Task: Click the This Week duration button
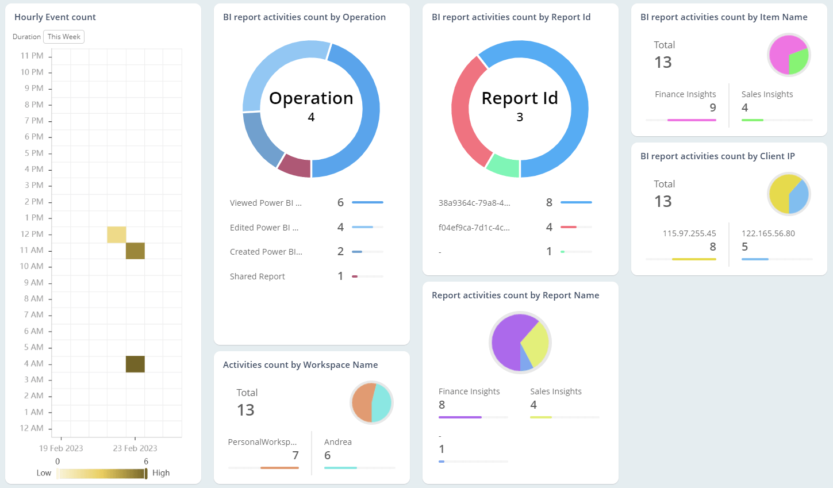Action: click(x=64, y=37)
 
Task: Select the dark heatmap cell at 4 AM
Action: click(x=135, y=364)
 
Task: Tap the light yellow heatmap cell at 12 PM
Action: click(x=117, y=235)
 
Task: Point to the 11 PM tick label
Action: click(x=32, y=56)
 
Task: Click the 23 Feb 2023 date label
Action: click(x=135, y=448)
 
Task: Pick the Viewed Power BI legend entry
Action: click(x=266, y=203)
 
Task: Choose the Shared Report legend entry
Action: click(x=258, y=276)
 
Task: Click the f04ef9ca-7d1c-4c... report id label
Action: click(x=474, y=228)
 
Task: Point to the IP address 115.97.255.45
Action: click(x=689, y=233)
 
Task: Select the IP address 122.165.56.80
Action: click(x=768, y=233)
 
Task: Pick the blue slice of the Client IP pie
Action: click(x=800, y=198)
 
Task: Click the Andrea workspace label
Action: click(x=338, y=442)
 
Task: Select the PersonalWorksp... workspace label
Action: click(x=262, y=442)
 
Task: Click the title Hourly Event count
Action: click(x=55, y=17)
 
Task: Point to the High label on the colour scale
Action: click(x=161, y=473)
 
